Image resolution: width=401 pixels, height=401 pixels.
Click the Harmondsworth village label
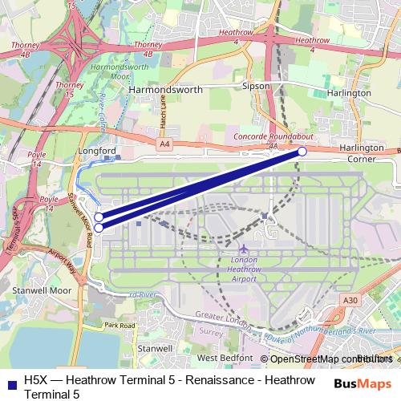point(166,91)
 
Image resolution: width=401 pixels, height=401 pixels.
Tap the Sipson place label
point(256,85)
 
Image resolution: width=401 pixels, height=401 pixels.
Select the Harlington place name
point(349,93)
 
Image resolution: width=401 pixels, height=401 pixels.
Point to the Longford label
point(98,150)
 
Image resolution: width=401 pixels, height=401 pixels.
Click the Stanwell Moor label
point(33,291)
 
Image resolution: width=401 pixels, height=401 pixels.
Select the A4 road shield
point(164,144)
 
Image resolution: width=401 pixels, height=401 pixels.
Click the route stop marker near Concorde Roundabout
point(302,151)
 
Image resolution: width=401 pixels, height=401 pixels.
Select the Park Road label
point(121,326)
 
